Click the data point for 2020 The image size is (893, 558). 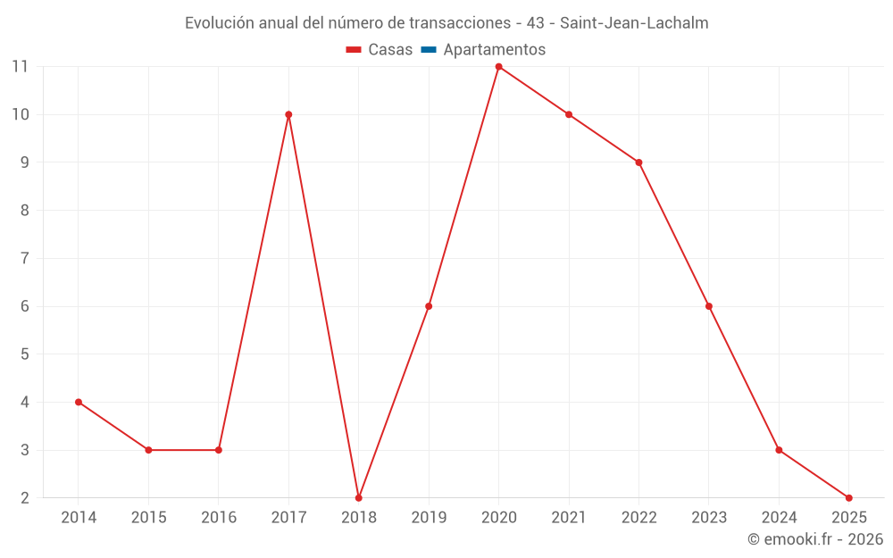pyautogui.click(x=498, y=67)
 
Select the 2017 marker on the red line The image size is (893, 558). pyautogui.click(x=288, y=114)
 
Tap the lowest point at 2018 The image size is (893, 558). pyautogui.click(x=359, y=497)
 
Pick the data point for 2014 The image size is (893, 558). pyautogui.click(x=79, y=402)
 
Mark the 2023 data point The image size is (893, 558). pyautogui.click(x=709, y=306)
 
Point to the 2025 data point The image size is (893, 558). pyautogui.click(x=848, y=497)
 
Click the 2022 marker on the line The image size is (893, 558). pyautogui.click(x=638, y=162)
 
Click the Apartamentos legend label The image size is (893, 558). pyautogui.click(x=494, y=50)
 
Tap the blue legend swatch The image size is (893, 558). pyautogui.click(x=429, y=50)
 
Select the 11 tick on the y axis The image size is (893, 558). pyautogui.click(x=20, y=66)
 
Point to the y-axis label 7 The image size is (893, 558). pyautogui.click(x=24, y=258)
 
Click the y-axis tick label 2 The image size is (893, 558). pyautogui.click(x=24, y=497)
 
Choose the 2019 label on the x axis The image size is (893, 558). pyautogui.click(x=429, y=517)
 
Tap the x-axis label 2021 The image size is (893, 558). pyautogui.click(x=569, y=517)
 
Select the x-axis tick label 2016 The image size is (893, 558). pyautogui.click(x=219, y=517)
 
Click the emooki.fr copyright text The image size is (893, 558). pyautogui.click(x=815, y=539)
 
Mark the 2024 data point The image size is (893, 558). pyautogui.click(x=779, y=450)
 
